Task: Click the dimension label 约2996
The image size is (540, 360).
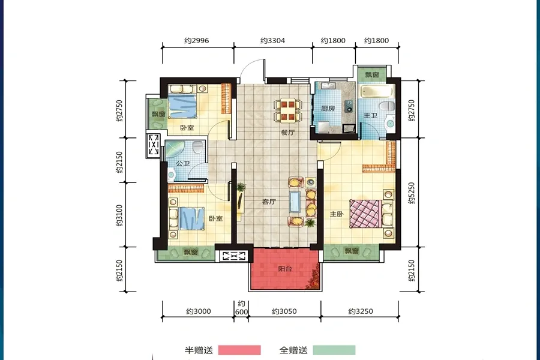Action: pyautogui.click(x=196, y=41)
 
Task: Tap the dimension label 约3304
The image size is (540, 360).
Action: pyautogui.click(x=272, y=41)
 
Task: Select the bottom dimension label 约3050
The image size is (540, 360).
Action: pyautogui.click(x=284, y=311)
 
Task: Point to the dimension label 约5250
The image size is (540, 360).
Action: pyautogui.click(x=412, y=193)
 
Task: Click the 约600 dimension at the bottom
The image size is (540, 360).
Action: pyautogui.click(x=241, y=308)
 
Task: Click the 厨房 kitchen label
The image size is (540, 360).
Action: pyautogui.click(x=328, y=109)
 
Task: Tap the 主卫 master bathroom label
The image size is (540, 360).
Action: pyautogui.click(x=371, y=116)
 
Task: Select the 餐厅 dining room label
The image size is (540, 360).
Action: pyautogui.click(x=288, y=132)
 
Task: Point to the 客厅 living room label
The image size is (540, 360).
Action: pyautogui.click(x=269, y=202)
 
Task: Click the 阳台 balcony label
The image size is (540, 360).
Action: pyautogui.click(x=285, y=269)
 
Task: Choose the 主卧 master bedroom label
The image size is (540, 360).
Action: pyautogui.click(x=337, y=214)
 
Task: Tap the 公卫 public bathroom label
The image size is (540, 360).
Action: pyautogui.click(x=183, y=163)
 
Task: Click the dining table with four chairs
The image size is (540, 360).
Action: pyautogui.click(x=288, y=110)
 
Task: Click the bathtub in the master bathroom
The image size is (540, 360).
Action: pyautogui.click(x=377, y=91)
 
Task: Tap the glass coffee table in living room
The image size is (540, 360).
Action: pyautogui.click(x=295, y=202)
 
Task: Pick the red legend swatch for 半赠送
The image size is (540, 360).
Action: pyautogui.click(x=239, y=350)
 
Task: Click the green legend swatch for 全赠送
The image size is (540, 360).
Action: pyautogui.click(x=334, y=350)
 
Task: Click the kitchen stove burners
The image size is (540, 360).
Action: pyautogui.click(x=349, y=106)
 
